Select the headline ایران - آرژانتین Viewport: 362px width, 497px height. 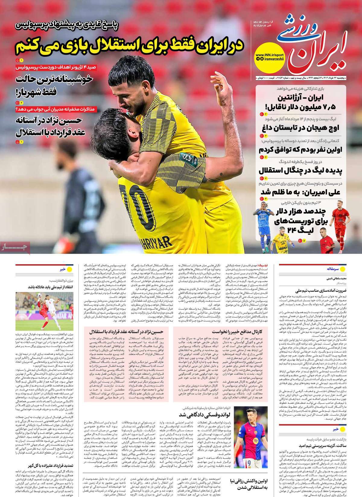click(x=302, y=98)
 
